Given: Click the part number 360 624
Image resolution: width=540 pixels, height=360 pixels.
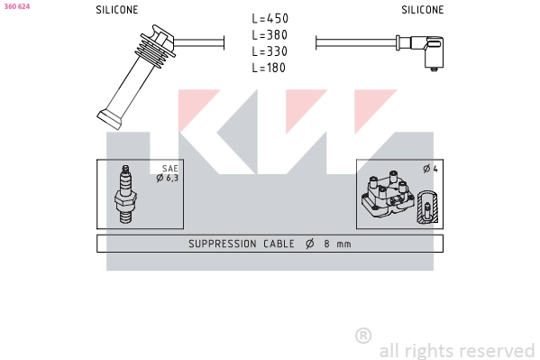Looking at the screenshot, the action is [17, 6].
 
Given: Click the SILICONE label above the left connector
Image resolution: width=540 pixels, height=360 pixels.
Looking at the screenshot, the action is [117, 10].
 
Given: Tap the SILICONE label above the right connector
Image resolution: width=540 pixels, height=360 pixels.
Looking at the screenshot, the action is [423, 10].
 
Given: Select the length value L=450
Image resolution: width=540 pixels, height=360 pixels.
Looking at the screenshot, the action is [270, 19].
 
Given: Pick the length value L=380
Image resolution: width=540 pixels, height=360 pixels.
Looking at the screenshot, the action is [270, 35].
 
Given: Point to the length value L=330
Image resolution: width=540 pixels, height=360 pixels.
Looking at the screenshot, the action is [270, 51].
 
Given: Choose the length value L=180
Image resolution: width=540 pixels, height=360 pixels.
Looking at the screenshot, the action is [269, 68].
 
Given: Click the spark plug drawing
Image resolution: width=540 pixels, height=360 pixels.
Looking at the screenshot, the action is [125, 194].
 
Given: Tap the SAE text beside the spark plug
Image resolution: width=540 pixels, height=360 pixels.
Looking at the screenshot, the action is [170, 169].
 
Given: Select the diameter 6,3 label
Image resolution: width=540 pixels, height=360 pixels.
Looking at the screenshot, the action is [168, 178].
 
